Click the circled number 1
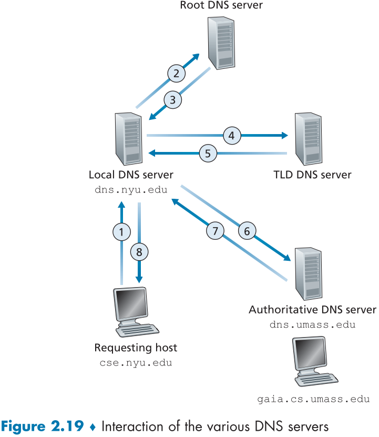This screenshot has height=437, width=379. (x=121, y=231)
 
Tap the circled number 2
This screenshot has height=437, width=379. (x=177, y=73)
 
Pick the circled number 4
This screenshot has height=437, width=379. (x=231, y=135)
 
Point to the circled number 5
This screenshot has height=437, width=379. (x=208, y=154)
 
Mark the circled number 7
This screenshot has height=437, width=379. (x=215, y=230)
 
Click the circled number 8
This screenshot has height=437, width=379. (x=139, y=252)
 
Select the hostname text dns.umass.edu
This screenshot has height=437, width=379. (x=312, y=324)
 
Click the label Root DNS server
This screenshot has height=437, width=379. (x=221, y=6)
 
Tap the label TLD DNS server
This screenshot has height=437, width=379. (x=312, y=175)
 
